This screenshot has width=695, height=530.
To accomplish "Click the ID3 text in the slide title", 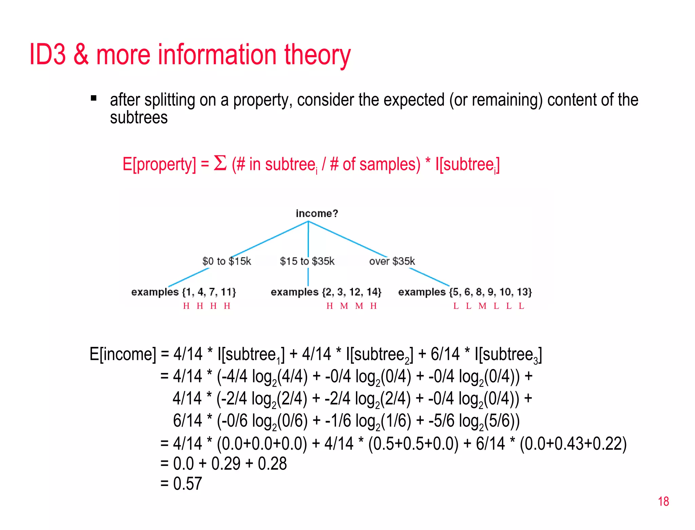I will (48, 54).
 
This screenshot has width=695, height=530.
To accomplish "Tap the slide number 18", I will (663, 501).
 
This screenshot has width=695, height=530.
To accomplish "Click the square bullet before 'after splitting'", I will (94, 99).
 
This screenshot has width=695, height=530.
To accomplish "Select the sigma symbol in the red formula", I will (220, 163).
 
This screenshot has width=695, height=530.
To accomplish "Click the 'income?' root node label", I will (317, 213).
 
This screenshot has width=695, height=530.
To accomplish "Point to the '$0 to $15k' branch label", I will (226, 261).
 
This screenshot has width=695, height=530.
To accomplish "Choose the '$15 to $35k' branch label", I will (307, 261).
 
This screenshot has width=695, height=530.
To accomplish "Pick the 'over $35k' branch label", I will (392, 261).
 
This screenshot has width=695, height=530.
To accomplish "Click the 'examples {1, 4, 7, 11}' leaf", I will (183, 292).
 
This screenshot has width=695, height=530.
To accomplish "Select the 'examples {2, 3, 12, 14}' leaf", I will (326, 292).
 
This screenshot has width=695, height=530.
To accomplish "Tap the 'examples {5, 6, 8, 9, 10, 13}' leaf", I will (465, 292).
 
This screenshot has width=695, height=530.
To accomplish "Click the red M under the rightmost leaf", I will (482, 306).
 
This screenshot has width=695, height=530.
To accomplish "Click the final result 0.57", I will (187, 483).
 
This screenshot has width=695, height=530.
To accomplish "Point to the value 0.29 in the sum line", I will (226, 463).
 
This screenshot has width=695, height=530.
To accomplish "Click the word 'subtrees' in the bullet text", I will (139, 118).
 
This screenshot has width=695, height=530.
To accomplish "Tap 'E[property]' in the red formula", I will (159, 164).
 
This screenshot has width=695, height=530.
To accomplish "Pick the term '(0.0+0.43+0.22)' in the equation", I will (573, 444).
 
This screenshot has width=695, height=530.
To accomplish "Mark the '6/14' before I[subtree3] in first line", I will (445, 354).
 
